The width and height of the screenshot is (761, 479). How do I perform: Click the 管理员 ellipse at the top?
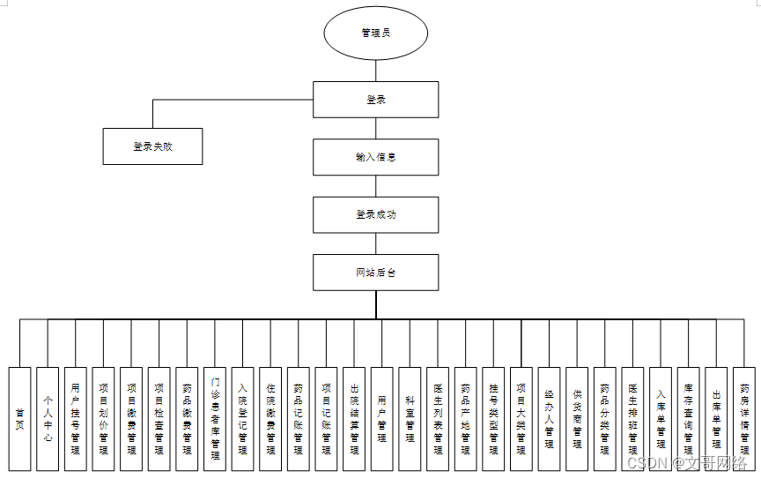coord(376,34)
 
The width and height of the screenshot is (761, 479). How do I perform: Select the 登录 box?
coord(376,100)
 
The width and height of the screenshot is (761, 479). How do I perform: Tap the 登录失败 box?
coord(153,146)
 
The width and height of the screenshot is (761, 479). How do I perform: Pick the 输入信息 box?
coord(376,157)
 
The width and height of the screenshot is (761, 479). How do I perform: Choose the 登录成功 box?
coord(376,214)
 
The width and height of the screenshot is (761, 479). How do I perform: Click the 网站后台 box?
coord(376,273)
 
